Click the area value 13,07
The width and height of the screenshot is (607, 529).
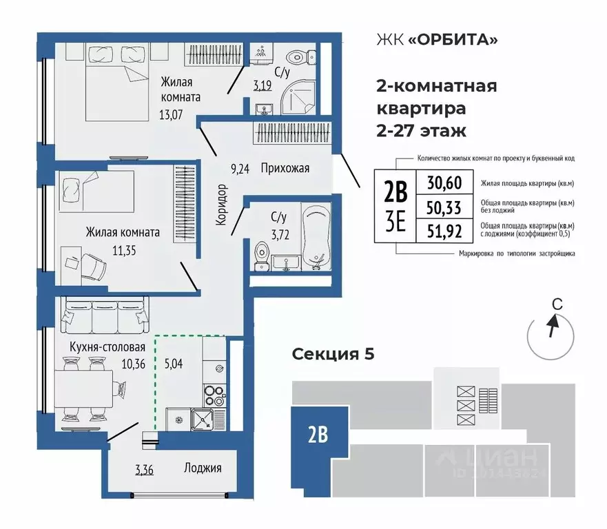coord(171,115)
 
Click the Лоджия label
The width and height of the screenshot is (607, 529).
coord(203,468)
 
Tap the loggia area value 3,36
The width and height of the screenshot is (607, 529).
coord(144,471)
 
